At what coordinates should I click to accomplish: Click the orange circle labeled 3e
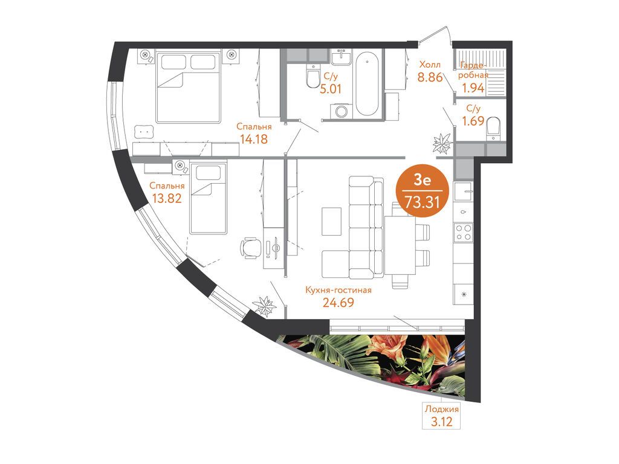[x=423, y=191]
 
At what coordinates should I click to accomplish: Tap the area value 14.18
[x=254, y=139]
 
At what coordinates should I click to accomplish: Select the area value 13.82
[x=167, y=198]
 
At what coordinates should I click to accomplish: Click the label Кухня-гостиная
[x=339, y=290]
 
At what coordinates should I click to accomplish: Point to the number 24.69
[x=339, y=303]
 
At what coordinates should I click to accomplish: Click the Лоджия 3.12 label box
[x=441, y=416]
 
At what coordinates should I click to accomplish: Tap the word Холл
[x=430, y=64]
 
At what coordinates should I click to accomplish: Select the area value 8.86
[x=430, y=77]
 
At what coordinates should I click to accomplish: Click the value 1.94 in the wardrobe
[x=473, y=88]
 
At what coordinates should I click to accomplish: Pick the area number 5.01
[x=331, y=89]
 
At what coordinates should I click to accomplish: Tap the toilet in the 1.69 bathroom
[x=493, y=129]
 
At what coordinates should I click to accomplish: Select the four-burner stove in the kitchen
[x=463, y=232]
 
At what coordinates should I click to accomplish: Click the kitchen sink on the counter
[x=463, y=192]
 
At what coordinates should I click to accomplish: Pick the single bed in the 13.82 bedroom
[x=208, y=198]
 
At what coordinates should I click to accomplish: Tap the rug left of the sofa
[x=332, y=221]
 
